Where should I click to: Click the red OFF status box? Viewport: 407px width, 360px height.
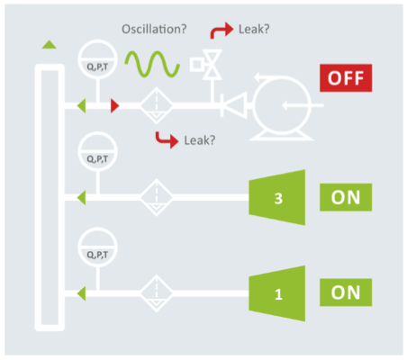[346, 78]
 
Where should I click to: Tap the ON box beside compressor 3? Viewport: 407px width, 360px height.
[346, 197]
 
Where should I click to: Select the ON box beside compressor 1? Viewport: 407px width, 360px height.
[346, 292]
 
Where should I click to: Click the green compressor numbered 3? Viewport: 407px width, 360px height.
[277, 197]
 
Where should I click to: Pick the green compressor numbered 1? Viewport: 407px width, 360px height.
[277, 293]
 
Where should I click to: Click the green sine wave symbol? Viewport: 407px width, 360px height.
[152, 64]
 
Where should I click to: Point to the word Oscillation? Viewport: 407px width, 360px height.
[154, 29]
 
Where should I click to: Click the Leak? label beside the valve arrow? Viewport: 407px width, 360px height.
[254, 29]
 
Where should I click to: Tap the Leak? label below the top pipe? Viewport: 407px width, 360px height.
[200, 140]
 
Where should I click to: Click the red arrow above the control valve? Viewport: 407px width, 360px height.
[222, 30]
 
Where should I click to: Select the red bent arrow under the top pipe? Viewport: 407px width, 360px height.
[167, 139]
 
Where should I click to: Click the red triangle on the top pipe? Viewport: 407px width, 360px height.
[114, 105]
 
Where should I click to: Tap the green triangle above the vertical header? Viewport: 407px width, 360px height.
[50, 44]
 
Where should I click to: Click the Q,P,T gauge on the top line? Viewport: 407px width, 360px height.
[97, 59]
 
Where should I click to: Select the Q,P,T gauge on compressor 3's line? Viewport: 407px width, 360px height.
[97, 151]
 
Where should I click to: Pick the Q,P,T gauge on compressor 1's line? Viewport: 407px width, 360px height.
[97, 247]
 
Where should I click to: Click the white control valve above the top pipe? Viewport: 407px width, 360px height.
[206, 65]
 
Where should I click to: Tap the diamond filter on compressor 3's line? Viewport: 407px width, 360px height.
[157, 198]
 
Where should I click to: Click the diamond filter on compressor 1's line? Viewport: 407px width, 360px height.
[157, 293]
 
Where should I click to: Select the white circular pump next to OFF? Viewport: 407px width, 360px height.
[282, 106]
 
